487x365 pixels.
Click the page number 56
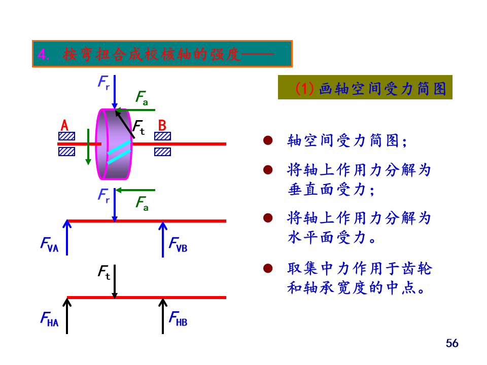(452, 343)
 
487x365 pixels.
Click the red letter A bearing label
(64, 125)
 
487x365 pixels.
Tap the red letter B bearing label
(162, 125)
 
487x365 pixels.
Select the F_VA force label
(49, 244)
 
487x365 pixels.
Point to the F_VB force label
(178, 244)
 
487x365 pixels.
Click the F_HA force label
(49, 319)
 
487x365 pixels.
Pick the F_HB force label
(178, 319)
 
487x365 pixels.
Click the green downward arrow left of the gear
(88, 147)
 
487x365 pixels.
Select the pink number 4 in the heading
(43, 54)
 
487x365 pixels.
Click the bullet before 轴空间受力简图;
(268, 140)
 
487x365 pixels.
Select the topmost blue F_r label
(104, 82)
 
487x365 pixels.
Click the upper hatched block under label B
(163, 136)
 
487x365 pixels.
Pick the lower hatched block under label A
(66, 152)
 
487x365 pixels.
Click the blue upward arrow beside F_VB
(163, 239)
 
